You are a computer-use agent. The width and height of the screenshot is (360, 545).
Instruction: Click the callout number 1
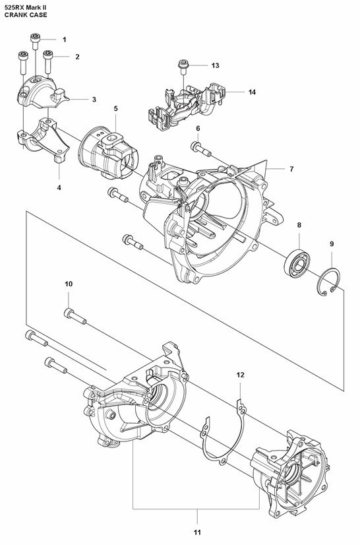click(x=65, y=40)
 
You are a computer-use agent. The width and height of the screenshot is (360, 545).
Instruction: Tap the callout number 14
click(x=253, y=92)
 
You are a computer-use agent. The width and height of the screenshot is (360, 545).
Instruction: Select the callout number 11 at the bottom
click(x=197, y=532)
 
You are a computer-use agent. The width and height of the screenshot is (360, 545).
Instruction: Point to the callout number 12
click(x=241, y=375)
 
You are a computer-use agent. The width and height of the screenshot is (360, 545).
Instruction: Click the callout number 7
click(x=291, y=169)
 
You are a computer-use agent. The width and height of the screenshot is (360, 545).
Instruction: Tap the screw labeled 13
click(x=184, y=67)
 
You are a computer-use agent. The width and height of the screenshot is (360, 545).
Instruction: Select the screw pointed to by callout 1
click(x=36, y=42)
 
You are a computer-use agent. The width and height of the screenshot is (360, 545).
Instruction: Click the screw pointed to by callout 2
click(x=48, y=61)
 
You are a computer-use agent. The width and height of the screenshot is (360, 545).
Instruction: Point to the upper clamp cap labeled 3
click(x=41, y=92)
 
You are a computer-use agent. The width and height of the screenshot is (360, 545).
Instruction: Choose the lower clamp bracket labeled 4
click(x=44, y=140)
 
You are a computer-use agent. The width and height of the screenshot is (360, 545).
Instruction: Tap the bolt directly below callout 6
click(x=201, y=149)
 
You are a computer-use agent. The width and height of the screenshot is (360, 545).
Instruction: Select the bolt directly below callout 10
click(x=75, y=316)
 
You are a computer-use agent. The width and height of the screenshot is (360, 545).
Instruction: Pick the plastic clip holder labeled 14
click(x=186, y=106)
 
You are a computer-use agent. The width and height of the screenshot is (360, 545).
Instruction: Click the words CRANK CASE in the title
click(x=26, y=15)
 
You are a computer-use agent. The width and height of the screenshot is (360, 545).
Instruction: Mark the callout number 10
click(x=69, y=284)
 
